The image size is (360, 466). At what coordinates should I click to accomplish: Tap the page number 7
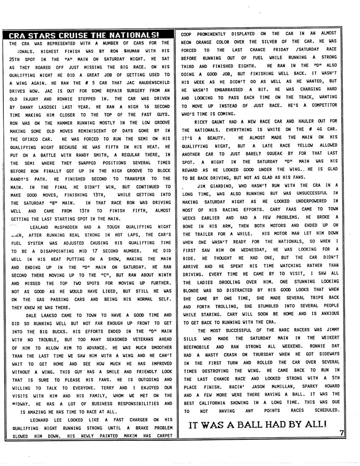(341, 432)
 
